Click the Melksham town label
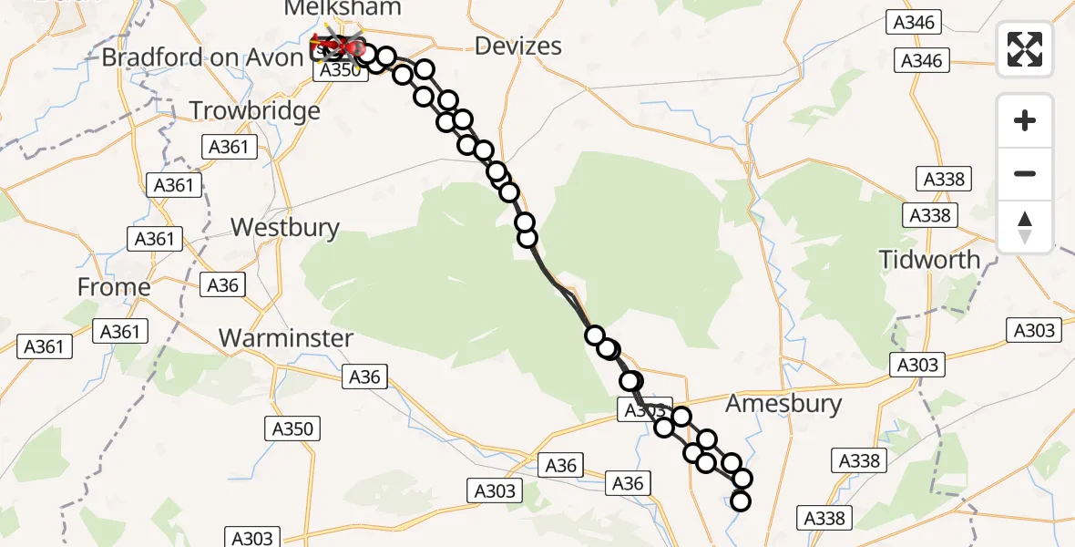(x=343, y=8)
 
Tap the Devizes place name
(x=519, y=46)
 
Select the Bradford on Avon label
(x=201, y=57)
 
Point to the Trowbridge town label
(x=255, y=111)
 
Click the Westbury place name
(x=285, y=227)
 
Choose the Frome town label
(x=114, y=287)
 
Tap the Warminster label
(x=286, y=338)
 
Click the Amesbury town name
(x=783, y=404)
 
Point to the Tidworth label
(x=930, y=260)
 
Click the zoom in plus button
(x=1025, y=120)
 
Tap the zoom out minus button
(x=1025, y=173)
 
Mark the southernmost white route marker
(x=741, y=501)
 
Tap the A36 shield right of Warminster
(x=364, y=376)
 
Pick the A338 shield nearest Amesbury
(x=857, y=461)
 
